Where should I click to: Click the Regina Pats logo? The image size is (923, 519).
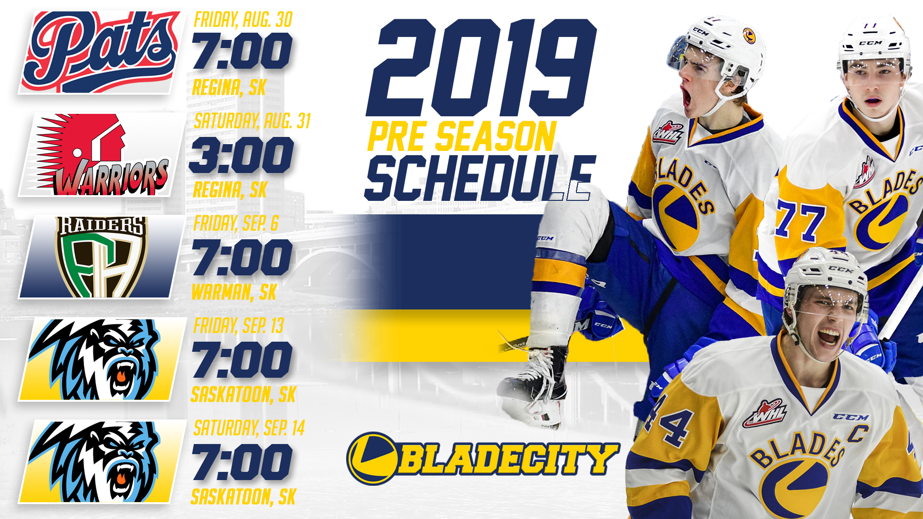[100, 52]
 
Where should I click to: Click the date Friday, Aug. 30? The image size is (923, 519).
[243, 20]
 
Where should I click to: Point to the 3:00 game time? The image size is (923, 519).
[241, 155]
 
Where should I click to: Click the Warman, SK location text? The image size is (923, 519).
[234, 292]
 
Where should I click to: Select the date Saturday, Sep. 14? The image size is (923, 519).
[249, 428]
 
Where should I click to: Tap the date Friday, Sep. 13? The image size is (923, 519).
[238, 326]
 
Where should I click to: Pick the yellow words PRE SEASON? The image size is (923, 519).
[461, 136]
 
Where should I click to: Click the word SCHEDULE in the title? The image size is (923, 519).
[478, 178]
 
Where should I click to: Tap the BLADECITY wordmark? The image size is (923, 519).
[483, 458]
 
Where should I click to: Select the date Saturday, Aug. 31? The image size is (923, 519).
[252, 121]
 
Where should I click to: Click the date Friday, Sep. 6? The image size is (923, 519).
[236, 223]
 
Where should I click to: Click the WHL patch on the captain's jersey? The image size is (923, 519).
[766, 413]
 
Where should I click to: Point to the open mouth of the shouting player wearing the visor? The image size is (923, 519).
[686, 97]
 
